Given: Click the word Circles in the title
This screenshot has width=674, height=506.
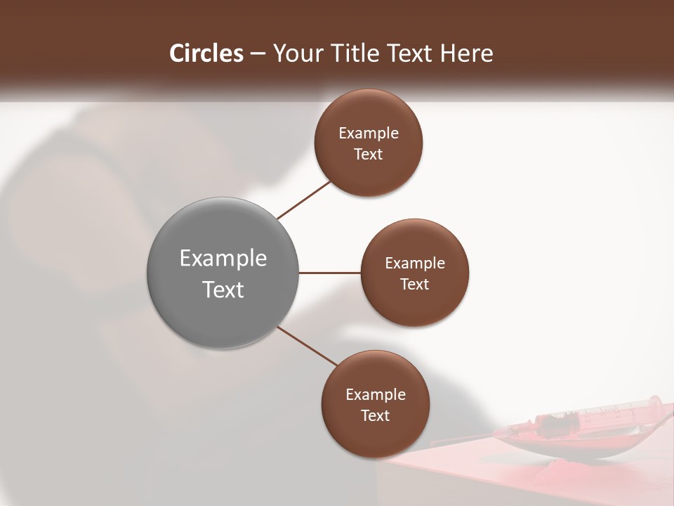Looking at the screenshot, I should click(206, 53).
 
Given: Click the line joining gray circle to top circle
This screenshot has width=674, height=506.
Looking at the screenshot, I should click(304, 200).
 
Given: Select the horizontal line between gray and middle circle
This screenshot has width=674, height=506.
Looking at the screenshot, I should click(329, 273).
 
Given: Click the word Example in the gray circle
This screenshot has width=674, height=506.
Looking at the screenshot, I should click(223, 258).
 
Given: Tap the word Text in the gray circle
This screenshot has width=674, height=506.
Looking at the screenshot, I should click(223, 290).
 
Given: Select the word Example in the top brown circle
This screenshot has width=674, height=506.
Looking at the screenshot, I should click(369, 133).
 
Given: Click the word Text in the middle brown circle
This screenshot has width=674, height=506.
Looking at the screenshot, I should click(414, 284).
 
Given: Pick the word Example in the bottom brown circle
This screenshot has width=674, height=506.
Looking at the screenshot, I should click(375, 394).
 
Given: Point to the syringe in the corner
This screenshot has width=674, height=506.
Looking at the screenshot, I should click(597, 417).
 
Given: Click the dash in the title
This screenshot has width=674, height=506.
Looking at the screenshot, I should click(258, 53).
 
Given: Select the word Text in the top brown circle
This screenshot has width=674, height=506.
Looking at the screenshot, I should click(368, 154).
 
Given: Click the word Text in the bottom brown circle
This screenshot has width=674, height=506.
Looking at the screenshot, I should click(375, 415).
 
